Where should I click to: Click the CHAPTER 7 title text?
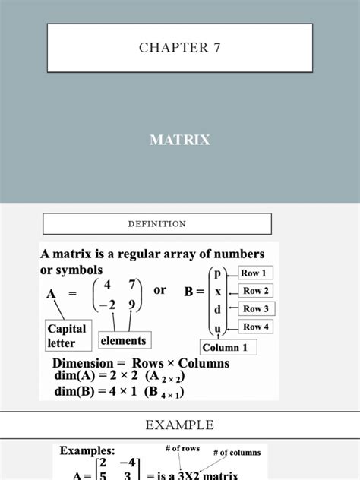179,48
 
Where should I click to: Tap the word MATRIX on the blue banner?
179,140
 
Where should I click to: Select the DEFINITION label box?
156,224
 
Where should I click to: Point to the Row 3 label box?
257,308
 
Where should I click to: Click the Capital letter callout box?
68,336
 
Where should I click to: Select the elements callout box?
123,341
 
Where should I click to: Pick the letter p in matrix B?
218,273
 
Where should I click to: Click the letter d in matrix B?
218,310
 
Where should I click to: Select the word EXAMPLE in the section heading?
179,425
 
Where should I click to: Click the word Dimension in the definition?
83,363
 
